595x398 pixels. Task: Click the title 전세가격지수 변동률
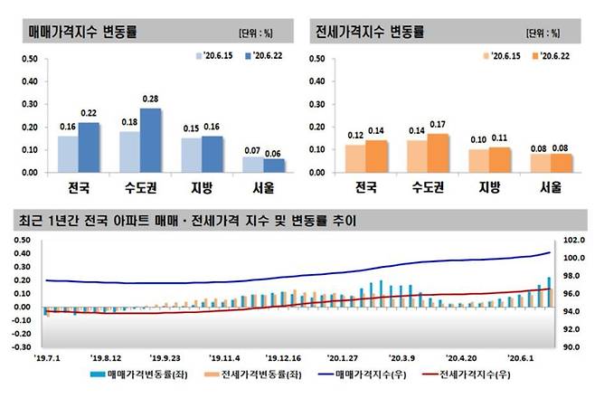pyautogui.click(x=369, y=32)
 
